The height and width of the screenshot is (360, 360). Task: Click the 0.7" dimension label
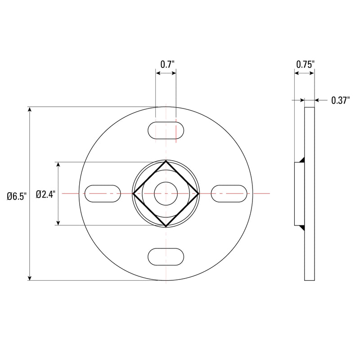pyautogui.click(x=167, y=64)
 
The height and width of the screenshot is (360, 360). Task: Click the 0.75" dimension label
pyautogui.click(x=305, y=64)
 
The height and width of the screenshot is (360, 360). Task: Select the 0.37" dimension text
pyautogui.click(x=340, y=101)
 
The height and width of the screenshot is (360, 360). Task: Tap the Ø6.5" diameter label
pyautogui.click(x=17, y=196)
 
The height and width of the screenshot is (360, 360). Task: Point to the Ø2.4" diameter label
pyautogui.click(x=45, y=194)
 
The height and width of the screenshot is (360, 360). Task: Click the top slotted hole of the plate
pyautogui.click(x=166, y=130)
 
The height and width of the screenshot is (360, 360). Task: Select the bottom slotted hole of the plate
pyautogui.click(x=166, y=256)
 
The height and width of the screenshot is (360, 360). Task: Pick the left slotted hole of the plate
pyautogui.click(x=103, y=193)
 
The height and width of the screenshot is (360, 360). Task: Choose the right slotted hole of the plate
pyautogui.click(x=229, y=193)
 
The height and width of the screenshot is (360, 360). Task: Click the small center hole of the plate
pyautogui.click(x=166, y=193)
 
